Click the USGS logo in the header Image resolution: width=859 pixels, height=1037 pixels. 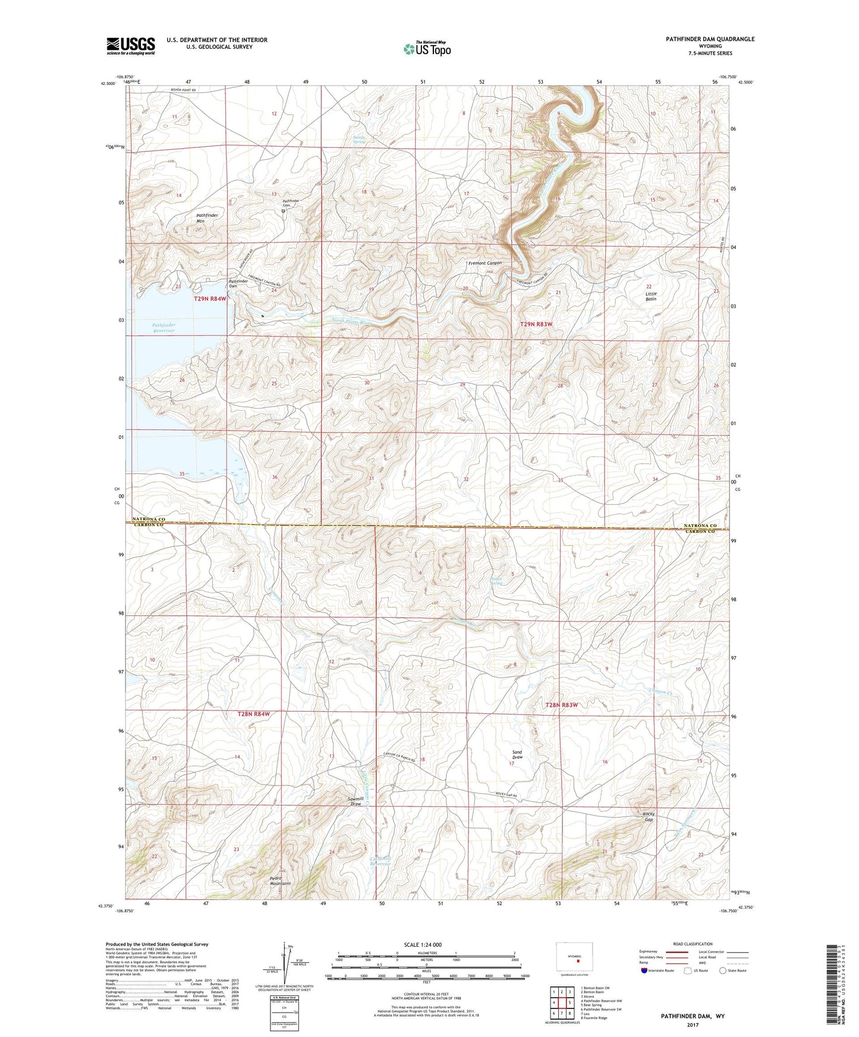131,46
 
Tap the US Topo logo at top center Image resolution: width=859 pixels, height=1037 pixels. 427,48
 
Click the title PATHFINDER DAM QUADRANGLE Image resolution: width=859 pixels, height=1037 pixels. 710,39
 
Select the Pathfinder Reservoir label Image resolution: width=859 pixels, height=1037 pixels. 163,328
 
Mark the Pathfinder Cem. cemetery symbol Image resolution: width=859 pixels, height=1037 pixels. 284,211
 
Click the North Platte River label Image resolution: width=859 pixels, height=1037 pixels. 351,322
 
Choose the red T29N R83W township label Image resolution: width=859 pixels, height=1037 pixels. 536,324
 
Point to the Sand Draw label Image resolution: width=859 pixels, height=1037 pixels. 517,755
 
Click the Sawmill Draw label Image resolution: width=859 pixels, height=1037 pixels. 355,801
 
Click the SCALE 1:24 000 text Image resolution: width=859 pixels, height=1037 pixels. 423,944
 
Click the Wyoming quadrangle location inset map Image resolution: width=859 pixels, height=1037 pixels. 574,958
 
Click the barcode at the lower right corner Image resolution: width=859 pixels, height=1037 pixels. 832,986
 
